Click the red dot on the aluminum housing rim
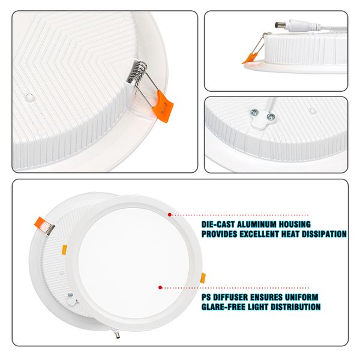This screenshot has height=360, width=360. [169, 215]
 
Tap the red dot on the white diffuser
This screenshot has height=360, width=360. [160, 287]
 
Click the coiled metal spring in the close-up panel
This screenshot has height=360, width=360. [137, 71]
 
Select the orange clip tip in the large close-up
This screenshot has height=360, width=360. [163, 106]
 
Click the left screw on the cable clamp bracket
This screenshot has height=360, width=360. [254, 112]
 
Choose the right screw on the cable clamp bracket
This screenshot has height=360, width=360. [271, 117]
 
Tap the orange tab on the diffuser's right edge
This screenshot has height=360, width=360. [203, 278]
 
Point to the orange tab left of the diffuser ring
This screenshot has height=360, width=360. [64, 250]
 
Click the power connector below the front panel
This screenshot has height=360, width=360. [116, 334]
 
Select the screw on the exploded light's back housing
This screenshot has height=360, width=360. [70, 295]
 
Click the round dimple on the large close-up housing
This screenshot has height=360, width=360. [29, 97]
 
